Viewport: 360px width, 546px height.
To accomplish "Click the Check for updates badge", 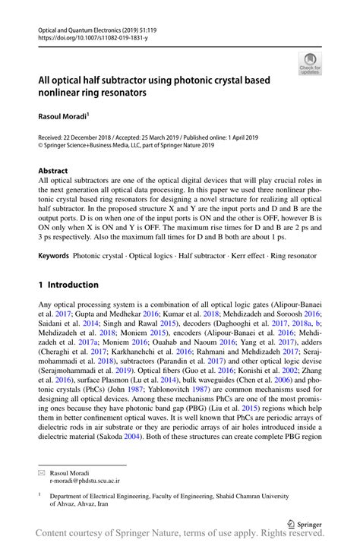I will [309, 64].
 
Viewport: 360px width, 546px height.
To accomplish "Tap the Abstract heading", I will [52, 171].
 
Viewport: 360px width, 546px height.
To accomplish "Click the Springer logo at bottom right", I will [308, 523].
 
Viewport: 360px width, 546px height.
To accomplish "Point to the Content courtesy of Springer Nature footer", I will [180, 536].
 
